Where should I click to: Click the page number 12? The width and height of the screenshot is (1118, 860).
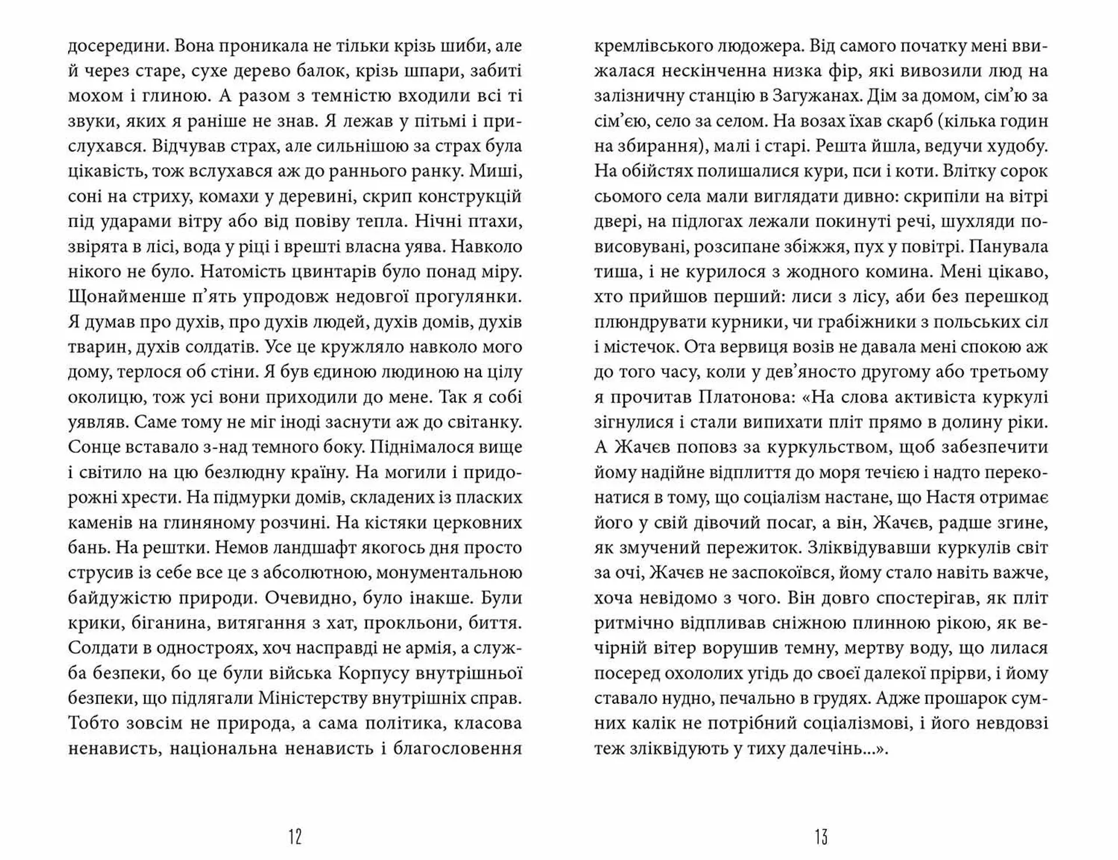[295, 837]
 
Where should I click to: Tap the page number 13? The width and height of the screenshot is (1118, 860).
[822, 837]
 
